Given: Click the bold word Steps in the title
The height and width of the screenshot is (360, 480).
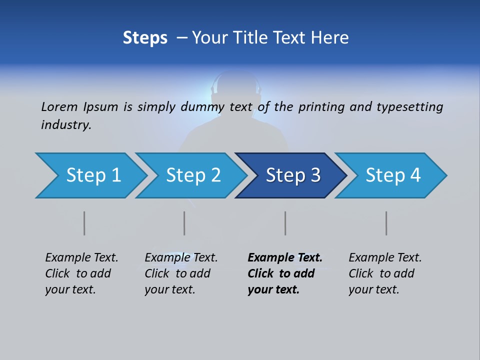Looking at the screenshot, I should tap(145, 37).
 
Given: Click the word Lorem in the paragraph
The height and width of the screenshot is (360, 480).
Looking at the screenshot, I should tap(59, 106).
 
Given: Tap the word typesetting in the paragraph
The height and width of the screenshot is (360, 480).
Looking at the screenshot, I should tap(409, 106).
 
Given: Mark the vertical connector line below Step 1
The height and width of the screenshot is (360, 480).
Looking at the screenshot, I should tap(84, 223).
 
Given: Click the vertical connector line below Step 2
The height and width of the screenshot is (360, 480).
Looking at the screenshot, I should tap(184, 223).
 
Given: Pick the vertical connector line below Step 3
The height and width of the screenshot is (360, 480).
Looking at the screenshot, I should tap(285, 223).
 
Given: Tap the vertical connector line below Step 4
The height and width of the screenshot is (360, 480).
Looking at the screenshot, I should tap(386, 223).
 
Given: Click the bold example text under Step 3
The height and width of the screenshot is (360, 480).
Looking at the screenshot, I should tap(284, 273).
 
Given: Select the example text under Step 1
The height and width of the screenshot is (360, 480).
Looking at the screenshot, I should tap(81, 273).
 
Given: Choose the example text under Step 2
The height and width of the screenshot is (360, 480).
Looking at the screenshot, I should tap(180, 273).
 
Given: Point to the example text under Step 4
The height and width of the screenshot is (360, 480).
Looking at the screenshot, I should tap(384, 273).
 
